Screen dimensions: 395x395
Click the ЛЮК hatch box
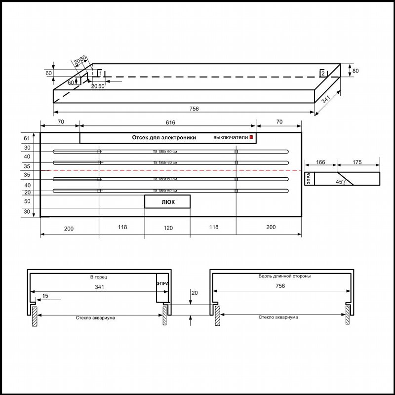click(167, 201)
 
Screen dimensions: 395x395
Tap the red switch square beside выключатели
click(251, 137)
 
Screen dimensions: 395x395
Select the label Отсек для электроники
click(164, 138)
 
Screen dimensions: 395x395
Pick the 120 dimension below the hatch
click(168, 228)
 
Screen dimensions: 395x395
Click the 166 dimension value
click(320, 162)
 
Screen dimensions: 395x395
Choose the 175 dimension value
click(358, 162)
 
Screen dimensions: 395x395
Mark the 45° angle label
click(340, 182)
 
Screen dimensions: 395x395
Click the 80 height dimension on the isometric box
click(355, 71)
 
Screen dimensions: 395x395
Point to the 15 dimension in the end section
click(45, 296)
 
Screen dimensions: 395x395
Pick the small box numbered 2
click(322, 73)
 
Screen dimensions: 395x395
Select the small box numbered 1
click(100, 73)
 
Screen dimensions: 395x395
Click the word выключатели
click(230, 138)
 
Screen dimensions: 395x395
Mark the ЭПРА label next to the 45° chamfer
click(309, 178)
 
